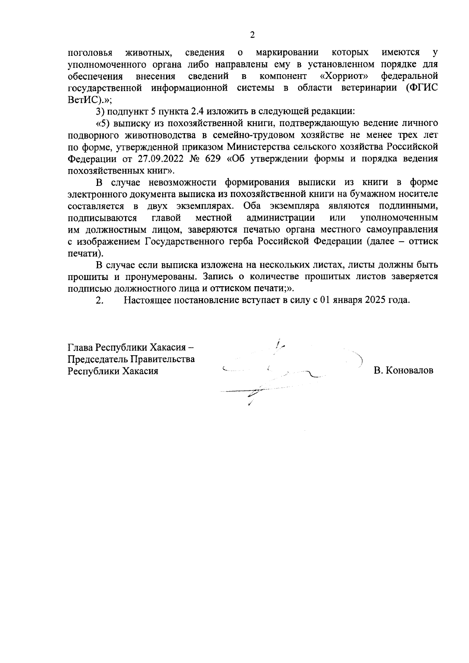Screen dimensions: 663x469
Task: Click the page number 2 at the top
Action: [252, 35]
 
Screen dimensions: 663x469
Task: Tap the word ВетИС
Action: [82, 100]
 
